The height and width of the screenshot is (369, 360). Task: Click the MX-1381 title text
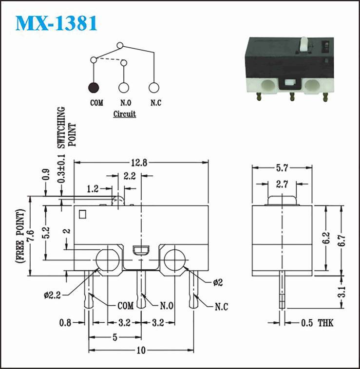pos(57,23)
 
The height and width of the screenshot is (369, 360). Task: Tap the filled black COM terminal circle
pos(94,88)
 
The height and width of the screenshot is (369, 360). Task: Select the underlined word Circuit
pos(125,114)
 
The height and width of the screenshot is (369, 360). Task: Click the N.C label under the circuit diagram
pos(156,103)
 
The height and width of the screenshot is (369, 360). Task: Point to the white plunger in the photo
pos(304,44)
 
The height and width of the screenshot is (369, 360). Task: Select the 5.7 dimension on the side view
pos(282,168)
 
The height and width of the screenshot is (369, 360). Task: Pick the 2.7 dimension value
pos(282,184)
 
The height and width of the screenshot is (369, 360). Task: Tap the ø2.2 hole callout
pos(52,295)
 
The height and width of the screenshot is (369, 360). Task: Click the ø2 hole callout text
pos(218,282)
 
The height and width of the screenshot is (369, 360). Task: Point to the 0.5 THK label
pos(318,323)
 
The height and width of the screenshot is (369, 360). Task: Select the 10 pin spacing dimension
pos(141,351)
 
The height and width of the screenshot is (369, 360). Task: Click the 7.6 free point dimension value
pos(30,236)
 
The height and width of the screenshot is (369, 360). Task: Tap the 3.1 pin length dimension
pos(341,292)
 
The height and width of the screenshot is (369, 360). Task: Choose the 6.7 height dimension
pos(341,240)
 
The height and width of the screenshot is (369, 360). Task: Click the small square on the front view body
pos(82,214)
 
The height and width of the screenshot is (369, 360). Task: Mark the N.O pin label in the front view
pos(167,306)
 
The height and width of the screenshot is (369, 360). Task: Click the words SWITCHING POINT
pos(67,128)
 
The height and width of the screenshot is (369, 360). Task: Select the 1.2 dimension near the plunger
pos(93,188)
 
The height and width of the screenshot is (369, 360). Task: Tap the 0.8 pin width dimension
pos(65,323)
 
